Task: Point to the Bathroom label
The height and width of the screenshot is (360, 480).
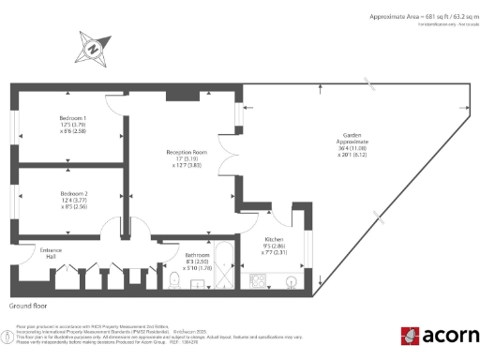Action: (197, 254)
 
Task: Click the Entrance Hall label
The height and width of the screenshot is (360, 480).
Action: (24, 254)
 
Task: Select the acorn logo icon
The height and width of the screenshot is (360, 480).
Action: (409, 336)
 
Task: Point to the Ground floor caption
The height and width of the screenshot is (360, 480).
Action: (28, 307)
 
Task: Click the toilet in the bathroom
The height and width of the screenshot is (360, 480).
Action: (175, 279)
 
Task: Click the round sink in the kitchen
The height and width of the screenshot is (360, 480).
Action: (291, 279)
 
